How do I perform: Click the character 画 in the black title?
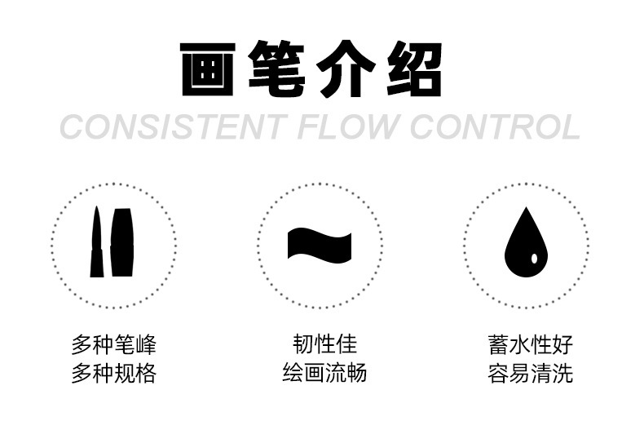[x=210, y=70]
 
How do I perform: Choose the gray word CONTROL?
[x=496, y=128]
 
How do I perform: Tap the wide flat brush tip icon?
[x=121, y=242]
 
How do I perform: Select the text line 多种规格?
[x=112, y=374]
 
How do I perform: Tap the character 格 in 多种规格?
[x=145, y=374]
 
